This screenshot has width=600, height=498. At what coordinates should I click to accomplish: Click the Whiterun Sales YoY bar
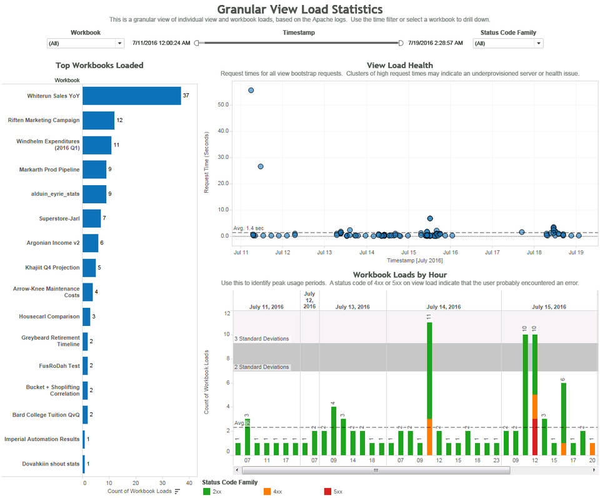click(131, 96)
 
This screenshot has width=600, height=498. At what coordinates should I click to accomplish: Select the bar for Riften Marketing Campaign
click(98, 120)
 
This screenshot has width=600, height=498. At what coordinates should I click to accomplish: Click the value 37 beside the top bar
click(186, 96)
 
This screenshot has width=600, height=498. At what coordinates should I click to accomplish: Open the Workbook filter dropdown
click(86, 43)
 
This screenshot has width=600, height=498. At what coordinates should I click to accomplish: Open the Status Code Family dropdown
click(507, 43)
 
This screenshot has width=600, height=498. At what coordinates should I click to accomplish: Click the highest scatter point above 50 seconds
click(251, 90)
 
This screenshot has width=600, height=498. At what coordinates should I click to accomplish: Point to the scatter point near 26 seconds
click(261, 166)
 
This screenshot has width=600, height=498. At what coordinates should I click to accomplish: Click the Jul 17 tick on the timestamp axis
click(492, 253)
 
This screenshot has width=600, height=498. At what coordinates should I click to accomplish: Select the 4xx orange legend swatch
click(268, 492)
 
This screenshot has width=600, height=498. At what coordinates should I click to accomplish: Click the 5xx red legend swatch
click(328, 492)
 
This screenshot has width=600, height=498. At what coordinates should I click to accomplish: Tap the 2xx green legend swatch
click(207, 492)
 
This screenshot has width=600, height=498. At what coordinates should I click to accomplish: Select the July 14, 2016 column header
click(443, 307)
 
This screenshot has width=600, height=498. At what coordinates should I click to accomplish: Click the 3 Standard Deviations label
click(261, 338)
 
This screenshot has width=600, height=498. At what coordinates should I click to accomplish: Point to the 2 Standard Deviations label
click(261, 367)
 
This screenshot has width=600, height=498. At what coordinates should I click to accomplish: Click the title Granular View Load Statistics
click(300, 9)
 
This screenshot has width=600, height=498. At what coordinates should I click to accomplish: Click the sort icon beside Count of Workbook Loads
click(177, 491)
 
